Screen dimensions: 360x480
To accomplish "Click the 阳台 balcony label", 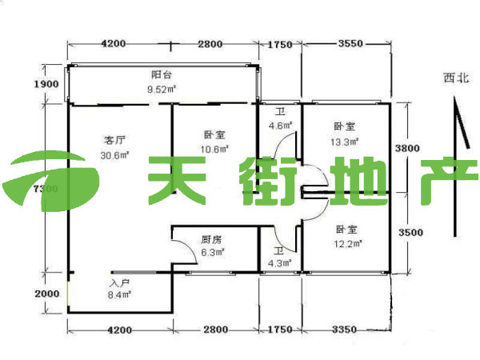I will [162, 74].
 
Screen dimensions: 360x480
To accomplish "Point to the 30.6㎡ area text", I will [115, 155].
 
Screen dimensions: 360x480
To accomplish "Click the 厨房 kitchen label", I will [211, 239].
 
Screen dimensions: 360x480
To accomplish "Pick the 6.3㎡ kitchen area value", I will [212, 252].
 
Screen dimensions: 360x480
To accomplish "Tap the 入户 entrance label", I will [119, 283].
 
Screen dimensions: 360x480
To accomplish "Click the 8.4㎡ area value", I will [119, 295].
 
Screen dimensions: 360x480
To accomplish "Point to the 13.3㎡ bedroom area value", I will [345, 141].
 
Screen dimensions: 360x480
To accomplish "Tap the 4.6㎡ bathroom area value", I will [280, 126].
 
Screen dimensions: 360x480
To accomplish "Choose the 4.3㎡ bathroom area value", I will [279, 262].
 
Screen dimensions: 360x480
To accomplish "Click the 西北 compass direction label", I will [456, 78].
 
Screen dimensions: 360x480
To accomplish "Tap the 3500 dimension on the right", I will [410, 232].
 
